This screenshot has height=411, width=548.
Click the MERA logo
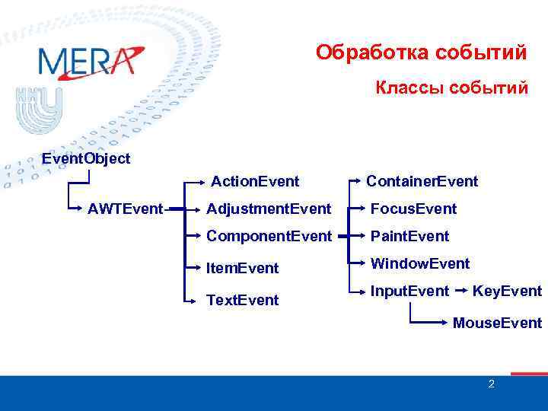pyautogui.click(x=90, y=61)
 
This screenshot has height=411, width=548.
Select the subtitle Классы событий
pyautogui.click(x=451, y=88)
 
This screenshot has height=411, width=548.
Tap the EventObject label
pyautogui.click(x=86, y=158)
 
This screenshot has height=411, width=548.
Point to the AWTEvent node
pyautogui.click(x=125, y=209)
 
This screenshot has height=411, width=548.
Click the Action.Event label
pyautogui.click(x=255, y=181)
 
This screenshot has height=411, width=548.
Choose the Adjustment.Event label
pyautogui.click(x=269, y=209)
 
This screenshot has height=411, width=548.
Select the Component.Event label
pyautogui.click(x=269, y=236)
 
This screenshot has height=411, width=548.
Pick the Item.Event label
pyautogui.click(x=243, y=268)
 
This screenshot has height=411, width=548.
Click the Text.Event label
pyautogui.click(x=243, y=300)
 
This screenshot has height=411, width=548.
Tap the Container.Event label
pyautogui.click(x=422, y=181)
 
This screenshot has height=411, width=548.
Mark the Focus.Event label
pyautogui.click(x=413, y=209)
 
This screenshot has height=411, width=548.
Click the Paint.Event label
pyautogui.click(x=409, y=236)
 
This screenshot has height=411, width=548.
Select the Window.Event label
pyautogui.click(x=419, y=263)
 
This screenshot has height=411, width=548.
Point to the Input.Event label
pyautogui.click(x=409, y=291)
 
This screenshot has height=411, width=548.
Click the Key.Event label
pyautogui.click(x=507, y=291)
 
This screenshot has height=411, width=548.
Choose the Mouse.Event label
pyautogui.click(x=497, y=323)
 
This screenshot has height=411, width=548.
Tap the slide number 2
pyautogui.click(x=491, y=384)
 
